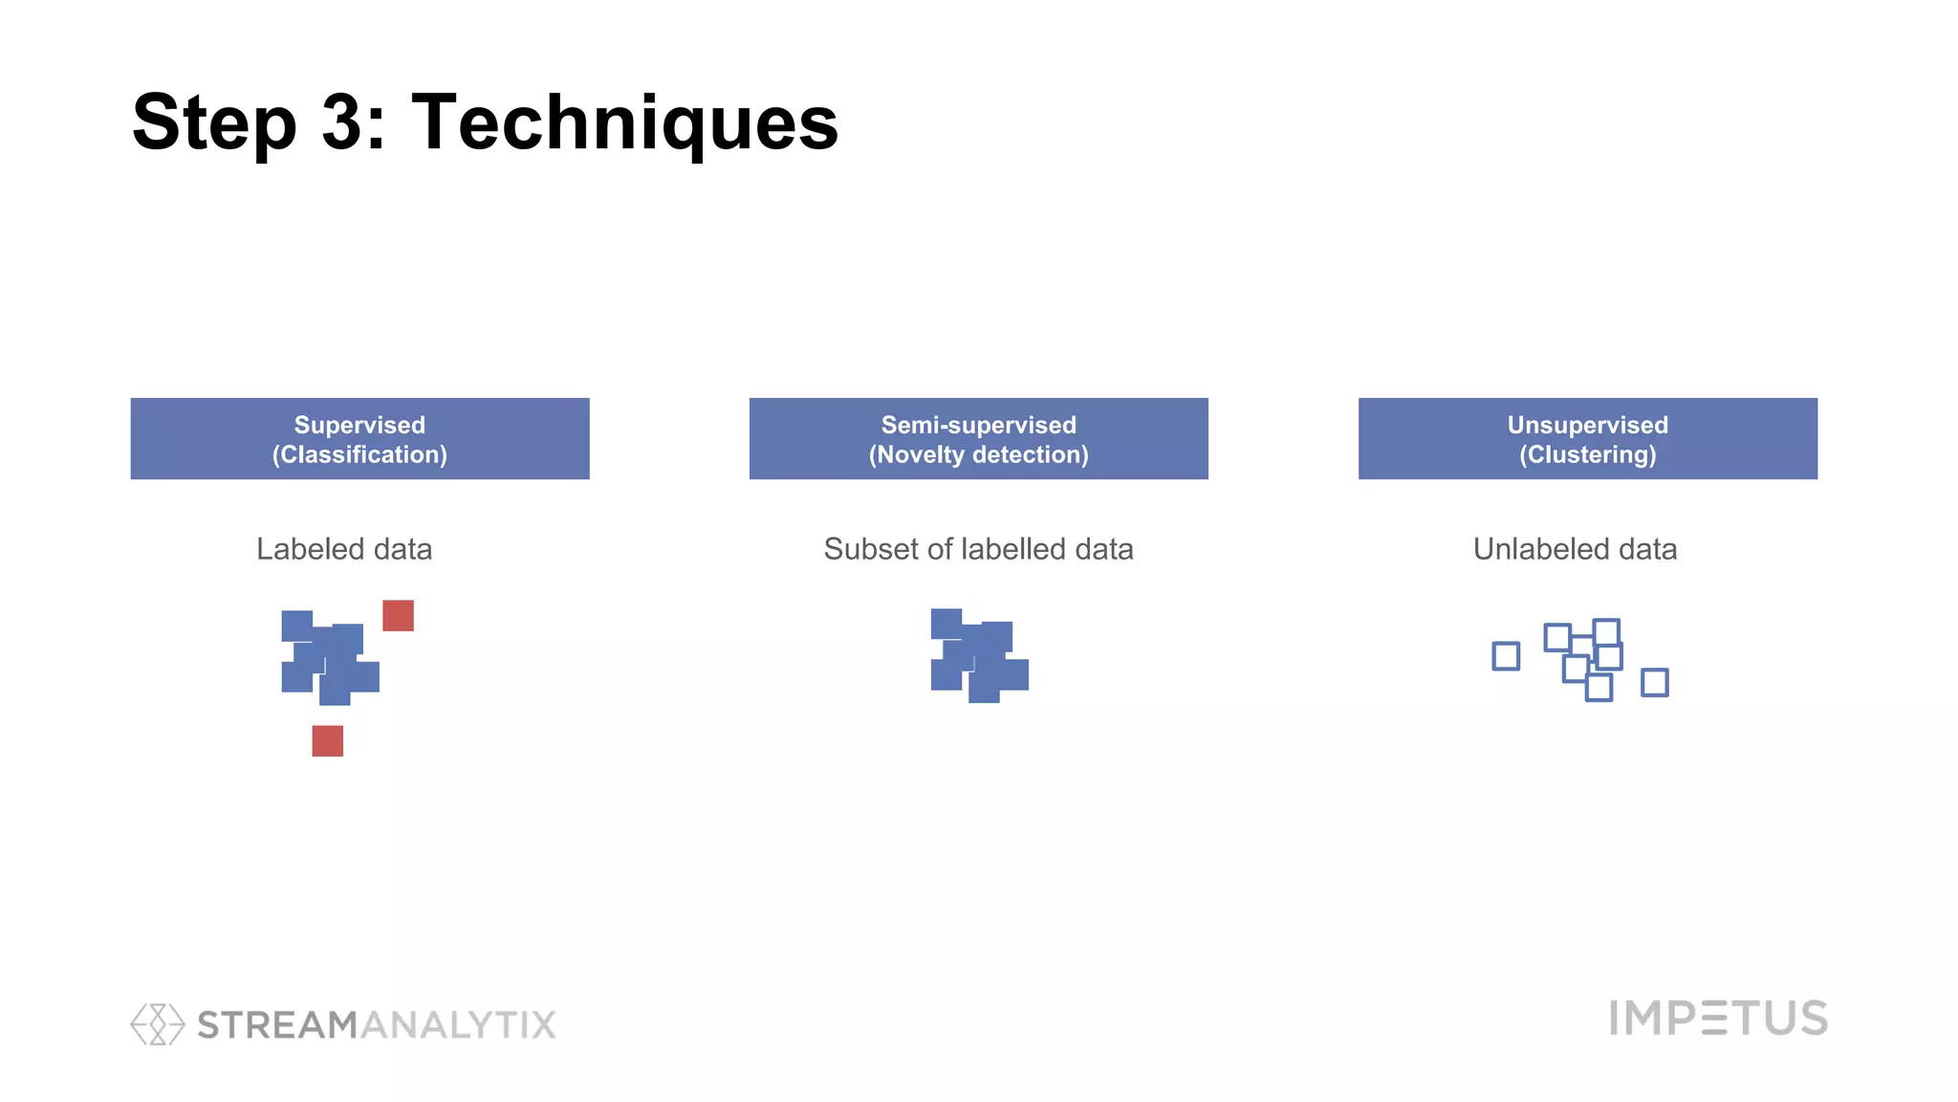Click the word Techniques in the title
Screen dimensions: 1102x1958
click(x=624, y=122)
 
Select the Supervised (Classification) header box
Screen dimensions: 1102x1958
click(x=359, y=438)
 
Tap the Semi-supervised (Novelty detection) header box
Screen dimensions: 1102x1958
click(x=978, y=438)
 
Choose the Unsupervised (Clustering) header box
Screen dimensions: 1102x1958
click(x=1587, y=438)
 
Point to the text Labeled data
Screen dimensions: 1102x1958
click(x=344, y=549)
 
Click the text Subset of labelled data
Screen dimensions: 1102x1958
click(x=978, y=549)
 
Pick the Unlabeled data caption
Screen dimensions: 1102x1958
click(x=1575, y=549)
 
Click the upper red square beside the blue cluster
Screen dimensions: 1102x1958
click(x=398, y=615)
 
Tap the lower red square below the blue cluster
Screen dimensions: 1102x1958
click(x=327, y=740)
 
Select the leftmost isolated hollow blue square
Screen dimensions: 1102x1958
click(x=1506, y=656)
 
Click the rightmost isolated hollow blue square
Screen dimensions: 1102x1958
click(x=1654, y=682)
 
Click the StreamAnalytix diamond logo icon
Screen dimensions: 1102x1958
click(x=157, y=1024)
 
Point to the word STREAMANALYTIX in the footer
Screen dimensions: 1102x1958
click(x=377, y=1025)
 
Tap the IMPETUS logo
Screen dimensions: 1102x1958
click(x=1718, y=1018)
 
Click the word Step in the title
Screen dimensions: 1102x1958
click(x=214, y=122)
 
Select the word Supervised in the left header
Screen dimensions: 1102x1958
click(x=359, y=425)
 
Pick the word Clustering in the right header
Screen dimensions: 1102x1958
click(x=1587, y=454)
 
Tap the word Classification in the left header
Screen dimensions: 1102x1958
click(x=359, y=454)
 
